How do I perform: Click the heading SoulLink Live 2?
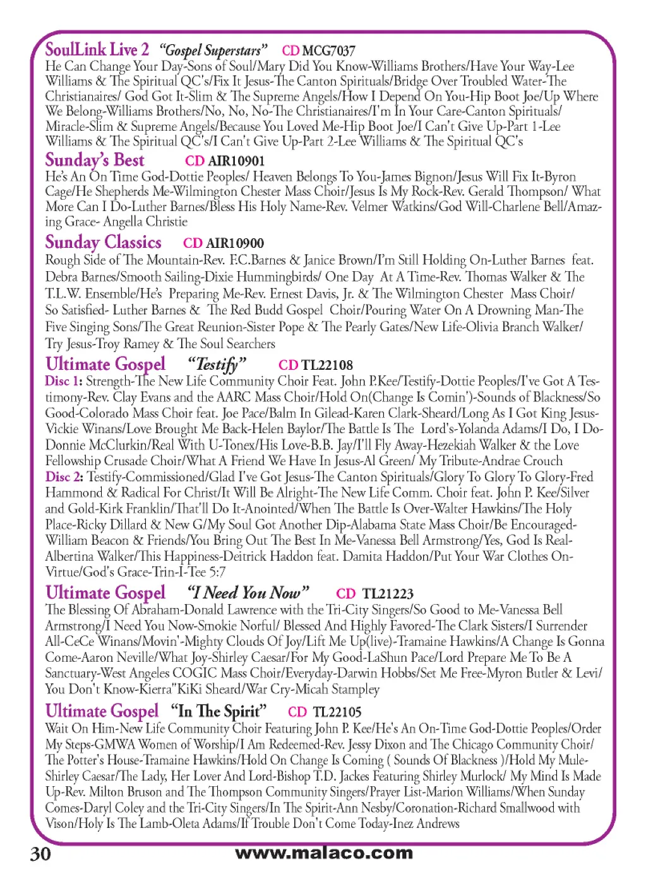click(x=97, y=49)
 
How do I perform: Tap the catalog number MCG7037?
click(x=328, y=51)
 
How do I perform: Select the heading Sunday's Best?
click(x=95, y=160)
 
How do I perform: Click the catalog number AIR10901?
click(x=236, y=161)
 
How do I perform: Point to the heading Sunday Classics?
click(x=103, y=242)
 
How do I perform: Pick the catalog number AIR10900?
click(x=235, y=243)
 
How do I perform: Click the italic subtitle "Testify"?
click(x=217, y=365)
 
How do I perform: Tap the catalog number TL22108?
click(x=327, y=365)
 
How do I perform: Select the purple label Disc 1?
click(x=63, y=381)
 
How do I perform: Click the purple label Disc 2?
click(x=64, y=477)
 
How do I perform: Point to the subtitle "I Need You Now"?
click(x=248, y=593)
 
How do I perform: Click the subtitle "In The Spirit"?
click(x=219, y=712)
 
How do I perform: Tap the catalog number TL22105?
click(x=337, y=712)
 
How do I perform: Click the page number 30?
click(x=40, y=854)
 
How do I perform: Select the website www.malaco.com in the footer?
click(x=323, y=853)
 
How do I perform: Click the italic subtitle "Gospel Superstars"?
click(x=213, y=51)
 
